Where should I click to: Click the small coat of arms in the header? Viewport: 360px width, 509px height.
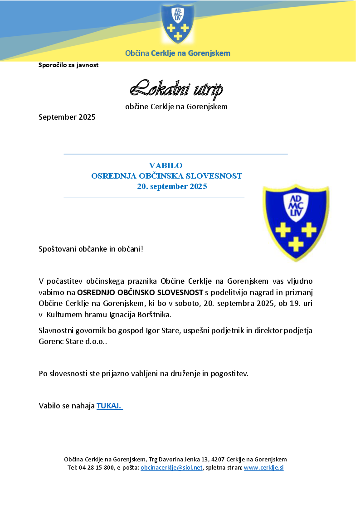click(177, 23)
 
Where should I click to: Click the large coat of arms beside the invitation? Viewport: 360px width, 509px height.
click(296, 222)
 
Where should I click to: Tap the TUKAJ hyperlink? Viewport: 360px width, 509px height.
click(109, 406)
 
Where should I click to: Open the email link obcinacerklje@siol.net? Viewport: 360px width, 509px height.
click(171, 468)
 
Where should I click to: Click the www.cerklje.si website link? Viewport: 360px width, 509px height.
click(263, 468)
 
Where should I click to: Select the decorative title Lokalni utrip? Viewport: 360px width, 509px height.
click(176, 89)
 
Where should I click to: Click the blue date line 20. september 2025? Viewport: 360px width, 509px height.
click(172, 186)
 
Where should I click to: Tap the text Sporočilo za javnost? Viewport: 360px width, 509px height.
click(68, 65)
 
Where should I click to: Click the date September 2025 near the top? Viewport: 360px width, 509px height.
click(67, 117)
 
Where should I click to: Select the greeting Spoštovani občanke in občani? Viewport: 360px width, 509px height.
click(91, 249)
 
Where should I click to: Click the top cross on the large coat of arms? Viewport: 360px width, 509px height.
click(283, 230)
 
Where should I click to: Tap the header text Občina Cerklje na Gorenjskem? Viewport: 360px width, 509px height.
click(178, 53)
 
